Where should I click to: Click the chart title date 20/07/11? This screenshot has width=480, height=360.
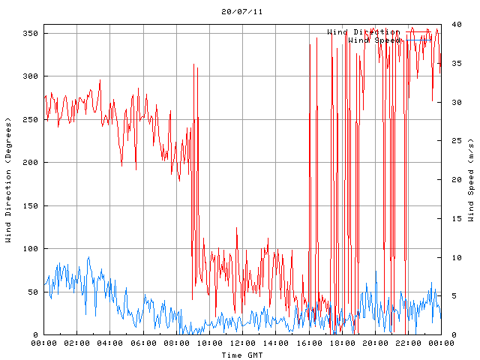pos(242,12)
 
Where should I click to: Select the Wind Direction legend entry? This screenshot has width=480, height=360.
pos(363,32)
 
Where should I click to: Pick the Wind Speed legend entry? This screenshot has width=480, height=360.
pos(373,40)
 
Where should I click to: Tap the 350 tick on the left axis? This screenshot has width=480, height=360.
pos(30,33)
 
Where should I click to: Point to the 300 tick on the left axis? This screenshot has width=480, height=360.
pos(30,76)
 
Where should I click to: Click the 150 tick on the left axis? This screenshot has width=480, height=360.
pos(30,205)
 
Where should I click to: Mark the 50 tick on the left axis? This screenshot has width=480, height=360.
pos(32,292)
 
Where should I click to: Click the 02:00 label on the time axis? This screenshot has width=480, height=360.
pos(77,343)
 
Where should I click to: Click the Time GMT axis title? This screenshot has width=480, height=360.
pos(242,354)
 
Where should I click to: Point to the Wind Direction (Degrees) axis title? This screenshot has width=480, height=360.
pos(8,180)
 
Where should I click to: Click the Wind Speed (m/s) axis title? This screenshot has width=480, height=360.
pos(471,180)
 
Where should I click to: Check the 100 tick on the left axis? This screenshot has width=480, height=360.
pos(30,249)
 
